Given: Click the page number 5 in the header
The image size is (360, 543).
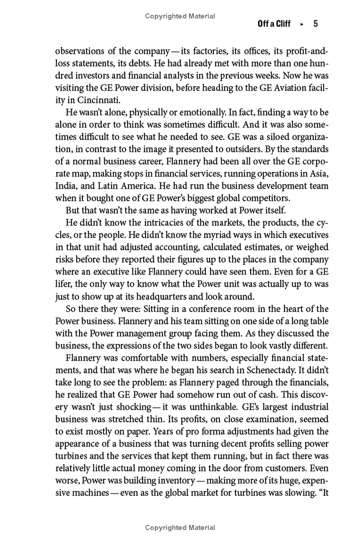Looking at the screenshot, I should [315, 24].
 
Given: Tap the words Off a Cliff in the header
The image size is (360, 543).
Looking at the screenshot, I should [274, 24].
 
